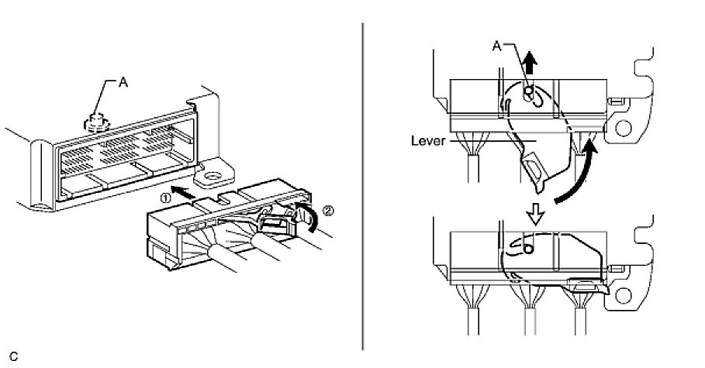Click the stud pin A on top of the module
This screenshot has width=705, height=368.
pyautogui.click(x=95, y=121)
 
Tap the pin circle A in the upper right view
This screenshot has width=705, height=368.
pyautogui.click(x=529, y=94)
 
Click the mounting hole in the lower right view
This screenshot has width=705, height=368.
pyautogui.click(x=622, y=295)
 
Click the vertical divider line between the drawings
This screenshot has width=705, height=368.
pyautogui.click(x=363, y=186)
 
